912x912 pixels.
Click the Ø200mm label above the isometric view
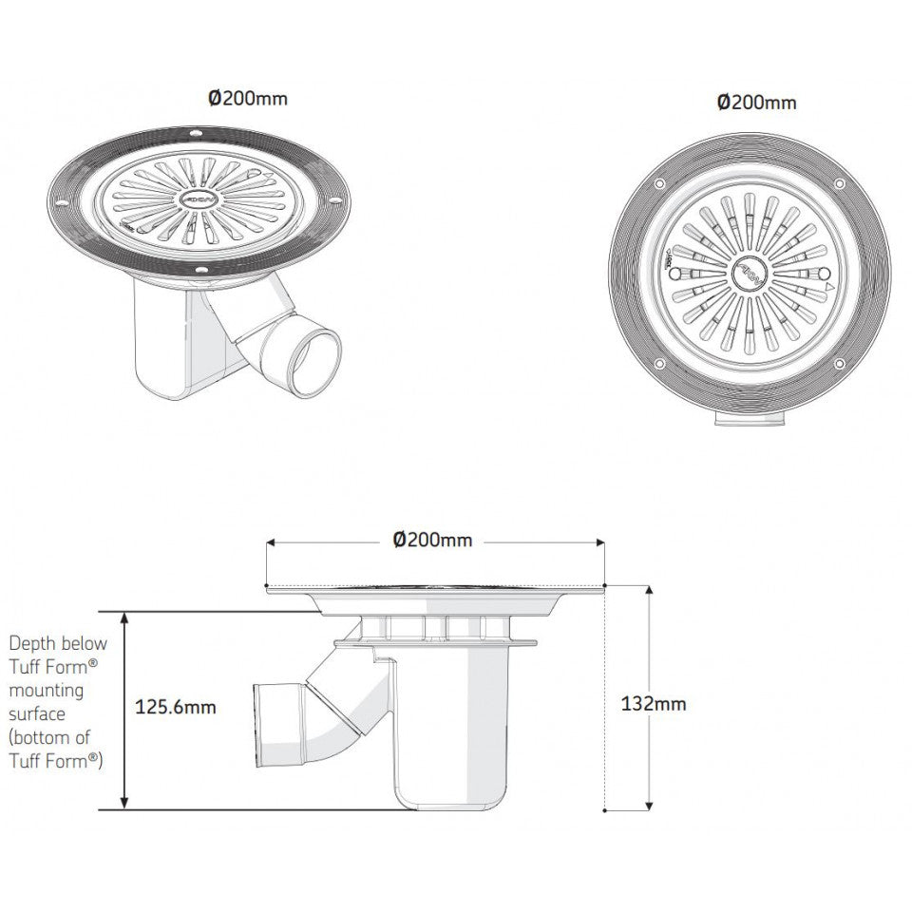pyautogui.click(x=248, y=98)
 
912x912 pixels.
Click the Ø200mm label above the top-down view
pyautogui.click(x=757, y=103)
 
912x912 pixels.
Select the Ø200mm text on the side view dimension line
pyautogui.click(x=433, y=541)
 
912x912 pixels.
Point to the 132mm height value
pyautogui.click(x=654, y=704)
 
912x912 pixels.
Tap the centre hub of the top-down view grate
pyautogui.click(x=750, y=275)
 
